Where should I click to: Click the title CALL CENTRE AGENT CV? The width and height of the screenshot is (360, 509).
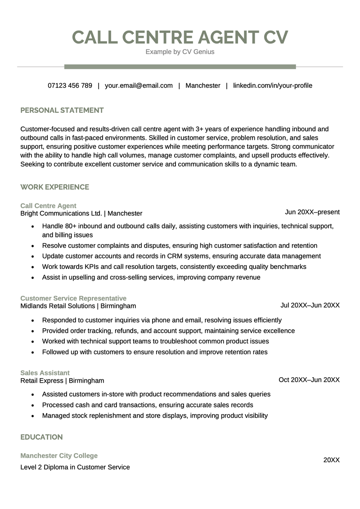[180, 37]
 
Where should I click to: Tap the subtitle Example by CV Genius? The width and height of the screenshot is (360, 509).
[180, 52]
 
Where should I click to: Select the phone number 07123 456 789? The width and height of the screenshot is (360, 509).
[70, 85]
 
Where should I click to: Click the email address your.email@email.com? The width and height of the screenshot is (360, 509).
[139, 85]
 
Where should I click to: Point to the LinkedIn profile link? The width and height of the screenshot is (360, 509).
[272, 85]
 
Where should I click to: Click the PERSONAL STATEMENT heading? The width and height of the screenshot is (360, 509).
[62, 110]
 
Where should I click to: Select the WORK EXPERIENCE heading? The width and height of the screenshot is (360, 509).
[55, 187]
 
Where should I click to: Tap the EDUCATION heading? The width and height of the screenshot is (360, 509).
[41, 437]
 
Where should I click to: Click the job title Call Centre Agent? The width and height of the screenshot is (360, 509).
[48, 206]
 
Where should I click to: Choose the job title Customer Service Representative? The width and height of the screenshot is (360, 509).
[73, 299]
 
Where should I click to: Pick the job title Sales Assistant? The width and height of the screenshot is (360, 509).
[45, 373]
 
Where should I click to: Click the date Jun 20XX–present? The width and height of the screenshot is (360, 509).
[312, 212]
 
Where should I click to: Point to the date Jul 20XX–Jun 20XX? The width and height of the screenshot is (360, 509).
[310, 305]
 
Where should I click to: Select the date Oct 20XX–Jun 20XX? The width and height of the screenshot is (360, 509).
[309, 380]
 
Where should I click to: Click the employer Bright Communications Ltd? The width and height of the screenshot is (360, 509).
[61, 214]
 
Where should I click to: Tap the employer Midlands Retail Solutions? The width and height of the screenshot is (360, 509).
[58, 306]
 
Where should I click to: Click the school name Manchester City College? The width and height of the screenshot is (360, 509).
[59, 455]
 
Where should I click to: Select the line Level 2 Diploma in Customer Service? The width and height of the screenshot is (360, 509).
[75, 467]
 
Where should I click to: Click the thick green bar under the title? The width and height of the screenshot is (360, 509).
[180, 67]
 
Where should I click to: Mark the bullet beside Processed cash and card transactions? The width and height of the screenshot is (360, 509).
[33, 405]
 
